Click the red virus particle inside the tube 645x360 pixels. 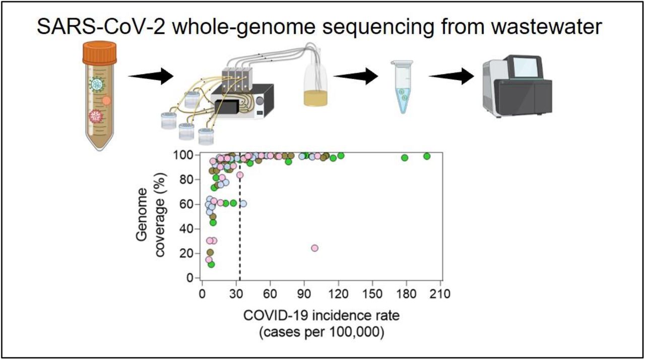96,116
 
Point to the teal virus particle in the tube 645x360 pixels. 96,84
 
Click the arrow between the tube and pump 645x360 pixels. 151,76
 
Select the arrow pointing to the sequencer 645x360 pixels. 451,76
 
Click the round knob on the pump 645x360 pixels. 260,101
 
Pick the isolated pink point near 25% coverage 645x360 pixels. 315,248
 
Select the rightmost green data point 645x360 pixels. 427,156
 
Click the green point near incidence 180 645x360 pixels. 405,157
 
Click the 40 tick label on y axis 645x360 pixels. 186,229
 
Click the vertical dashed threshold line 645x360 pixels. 240,216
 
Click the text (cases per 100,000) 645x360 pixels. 321,332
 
